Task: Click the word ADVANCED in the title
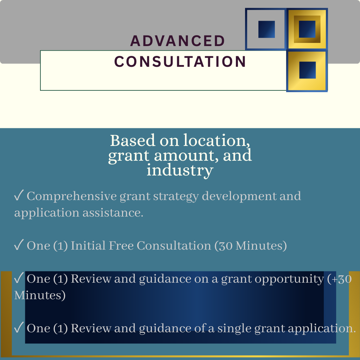[177, 41]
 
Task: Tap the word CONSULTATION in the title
[180, 62]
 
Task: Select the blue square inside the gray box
[266, 30]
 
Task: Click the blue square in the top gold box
[307, 29]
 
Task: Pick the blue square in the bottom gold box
[307, 70]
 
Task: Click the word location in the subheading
[217, 140]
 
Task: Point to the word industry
[180, 171]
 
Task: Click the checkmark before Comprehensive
[19, 195]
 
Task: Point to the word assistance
[113, 213]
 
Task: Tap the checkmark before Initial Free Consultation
[19, 245]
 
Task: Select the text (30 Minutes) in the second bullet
[251, 246]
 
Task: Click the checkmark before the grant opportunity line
[19, 278]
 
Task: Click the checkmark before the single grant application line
[19, 327]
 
